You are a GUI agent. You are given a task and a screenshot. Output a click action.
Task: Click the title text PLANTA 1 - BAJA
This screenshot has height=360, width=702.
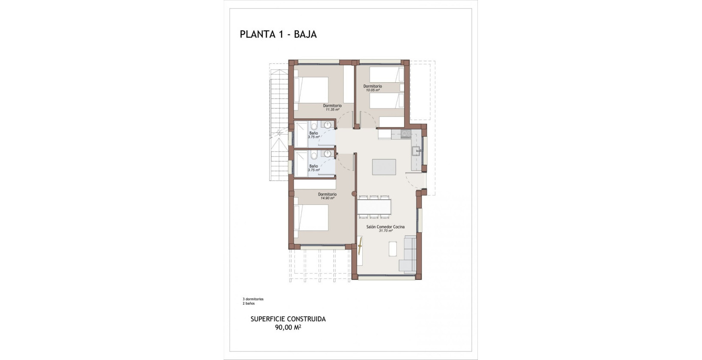tap(278, 35)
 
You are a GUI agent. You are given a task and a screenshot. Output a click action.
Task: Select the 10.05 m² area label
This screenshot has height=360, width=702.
tap(372, 90)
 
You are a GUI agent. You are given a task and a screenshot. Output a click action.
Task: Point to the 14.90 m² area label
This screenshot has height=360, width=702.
tap(327, 198)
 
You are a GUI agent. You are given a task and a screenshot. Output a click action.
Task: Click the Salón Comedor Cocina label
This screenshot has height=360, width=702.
tap(385, 227)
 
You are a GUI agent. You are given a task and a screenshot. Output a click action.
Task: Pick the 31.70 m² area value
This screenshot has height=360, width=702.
tap(386, 231)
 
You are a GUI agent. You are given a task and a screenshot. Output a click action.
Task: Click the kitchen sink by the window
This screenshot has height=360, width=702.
tap(416, 150)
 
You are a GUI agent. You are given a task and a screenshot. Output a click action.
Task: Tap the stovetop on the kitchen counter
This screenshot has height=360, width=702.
tap(406, 134)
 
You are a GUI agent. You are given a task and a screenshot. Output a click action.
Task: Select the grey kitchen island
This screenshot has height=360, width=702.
tap(384, 167)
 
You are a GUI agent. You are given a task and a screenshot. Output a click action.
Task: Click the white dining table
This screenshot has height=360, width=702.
tap(374, 207)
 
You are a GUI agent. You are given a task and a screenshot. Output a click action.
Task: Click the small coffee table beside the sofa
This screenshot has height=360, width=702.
tap(393, 249)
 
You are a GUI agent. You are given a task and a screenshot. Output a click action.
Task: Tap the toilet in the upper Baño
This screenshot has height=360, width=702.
tap(314, 126)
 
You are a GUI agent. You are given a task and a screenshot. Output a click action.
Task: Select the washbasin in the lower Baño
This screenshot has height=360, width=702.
tap(328, 154)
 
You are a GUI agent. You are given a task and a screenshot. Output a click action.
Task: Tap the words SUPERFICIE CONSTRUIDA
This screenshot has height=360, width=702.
tap(288, 319)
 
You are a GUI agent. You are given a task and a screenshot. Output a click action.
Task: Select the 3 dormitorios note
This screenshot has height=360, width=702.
tap(253, 299)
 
